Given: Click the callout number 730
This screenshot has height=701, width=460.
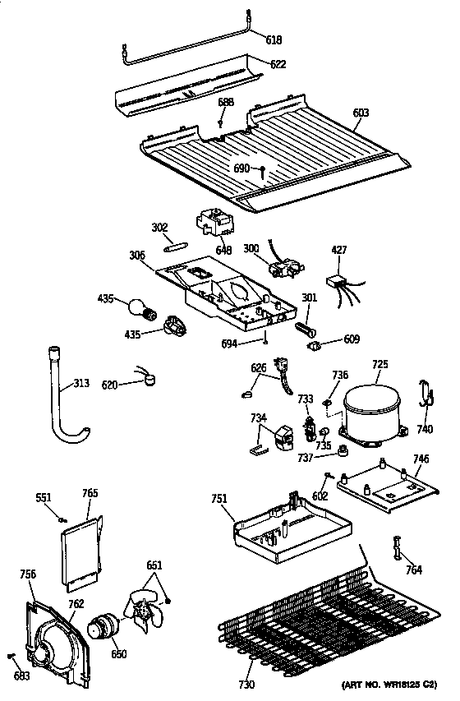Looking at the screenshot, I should (247, 685).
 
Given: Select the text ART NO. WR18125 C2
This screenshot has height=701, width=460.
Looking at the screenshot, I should (389, 685).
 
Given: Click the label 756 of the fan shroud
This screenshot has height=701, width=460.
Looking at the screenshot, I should (27, 575).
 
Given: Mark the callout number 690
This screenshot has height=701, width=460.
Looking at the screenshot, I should (241, 168).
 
